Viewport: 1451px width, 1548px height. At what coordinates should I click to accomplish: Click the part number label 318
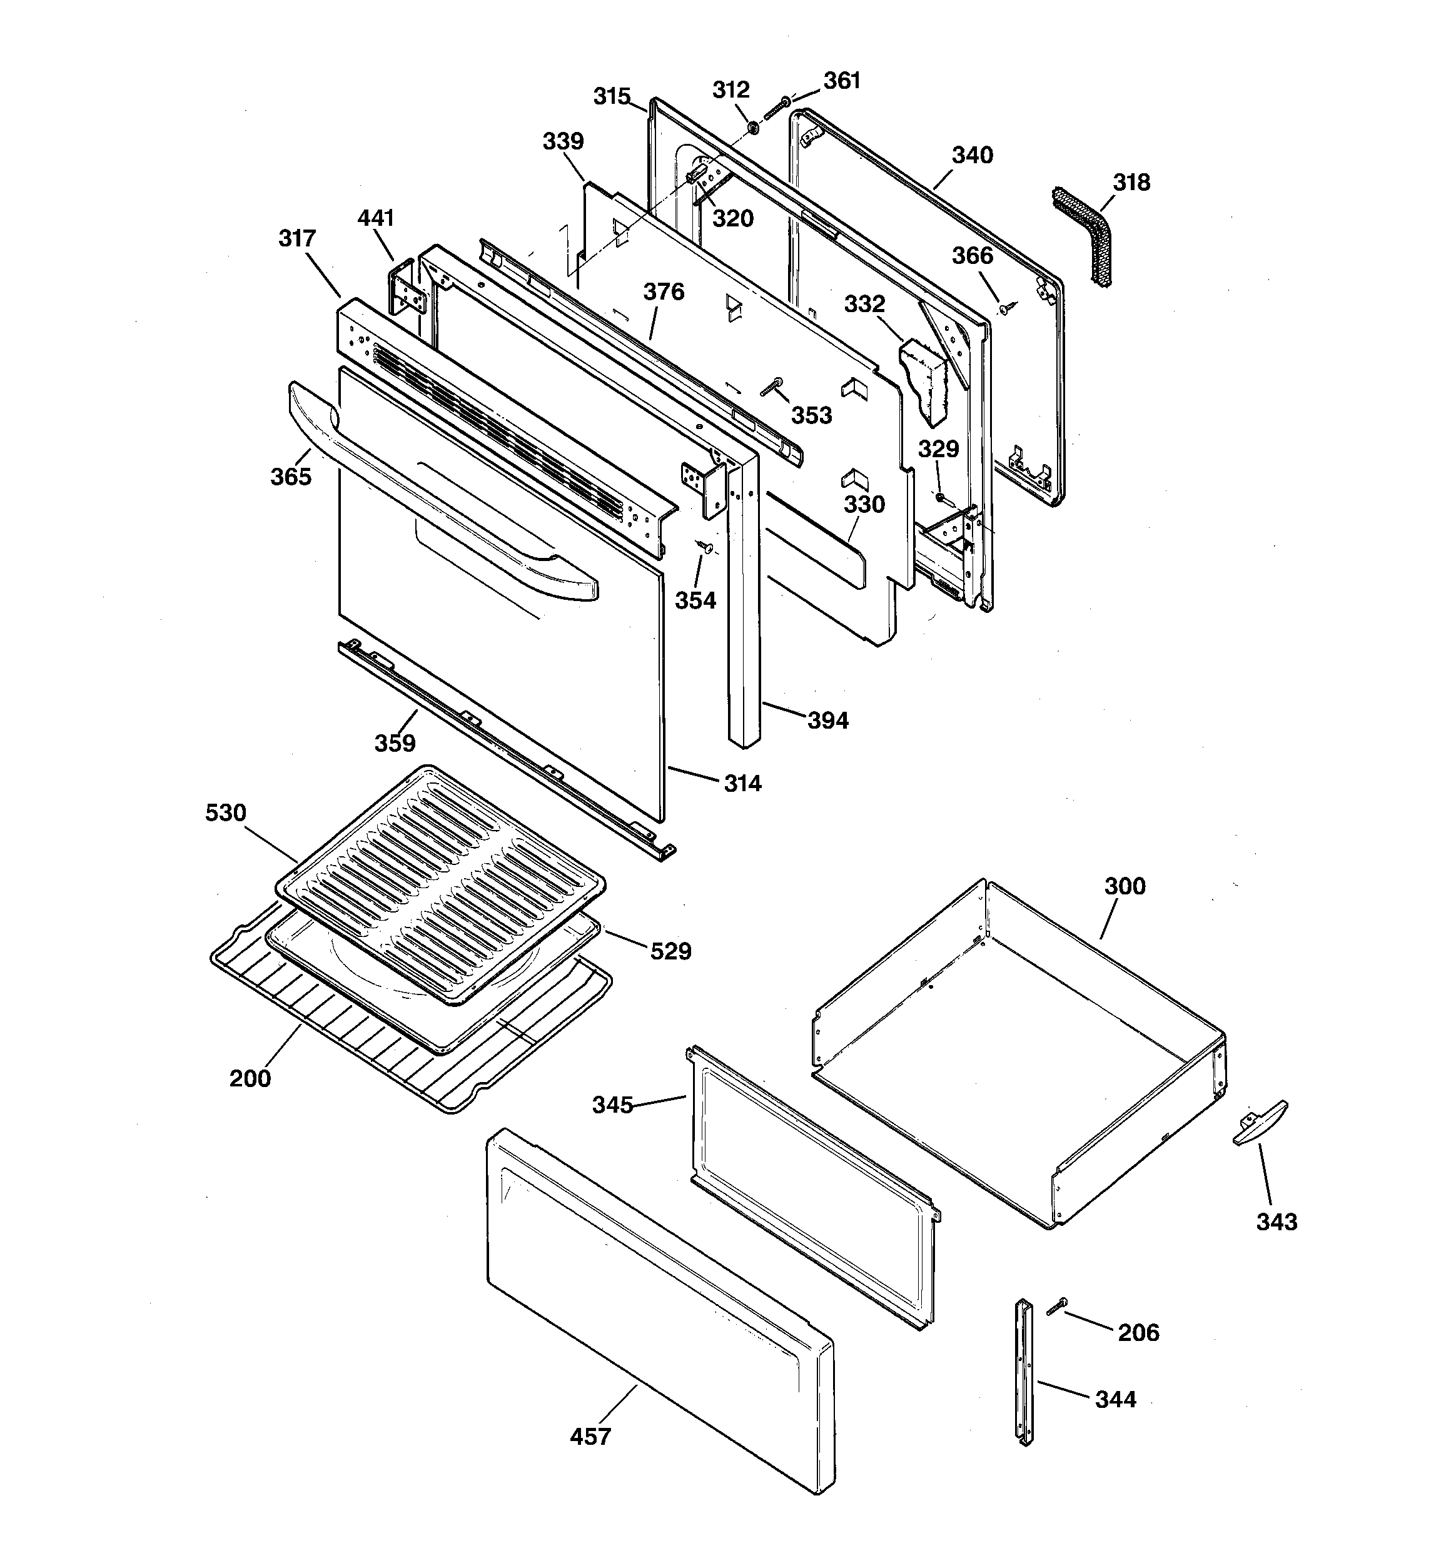coord(1131,183)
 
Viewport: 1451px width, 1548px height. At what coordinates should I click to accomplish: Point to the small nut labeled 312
coord(753,128)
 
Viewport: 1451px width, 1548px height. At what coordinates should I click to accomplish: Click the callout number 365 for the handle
coord(290,477)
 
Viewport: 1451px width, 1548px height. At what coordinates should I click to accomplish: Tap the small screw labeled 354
coord(705,547)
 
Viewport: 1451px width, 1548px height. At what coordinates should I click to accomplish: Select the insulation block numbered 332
coord(927,382)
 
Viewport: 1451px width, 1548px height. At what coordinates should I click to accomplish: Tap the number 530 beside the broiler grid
coord(226,813)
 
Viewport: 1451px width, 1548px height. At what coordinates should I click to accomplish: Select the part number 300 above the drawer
coord(1125,886)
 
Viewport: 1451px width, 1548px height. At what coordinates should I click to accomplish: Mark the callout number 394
coord(827,721)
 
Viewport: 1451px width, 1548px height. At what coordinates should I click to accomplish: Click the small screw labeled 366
coord(1004,308)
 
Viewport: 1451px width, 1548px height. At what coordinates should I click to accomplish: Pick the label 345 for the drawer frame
coord(612,1105)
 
